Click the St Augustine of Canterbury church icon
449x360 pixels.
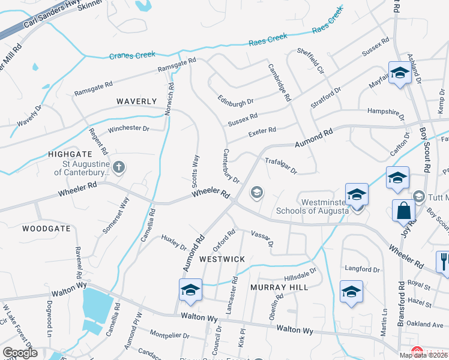[x=119, y=167]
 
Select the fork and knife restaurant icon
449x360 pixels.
[x=443, y=260]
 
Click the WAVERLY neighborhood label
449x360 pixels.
[x=136, y=101]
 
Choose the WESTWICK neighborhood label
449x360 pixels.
[x=222, y=259]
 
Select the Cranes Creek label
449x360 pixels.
[x=131, y=56]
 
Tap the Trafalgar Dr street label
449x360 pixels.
[x=281, y=166]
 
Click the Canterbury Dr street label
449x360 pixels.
[x=231, y=166]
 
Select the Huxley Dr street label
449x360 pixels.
[x=174, y=242]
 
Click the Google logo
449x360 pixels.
[x=20, y=353]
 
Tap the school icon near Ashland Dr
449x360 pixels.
[x=399, y=73]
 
